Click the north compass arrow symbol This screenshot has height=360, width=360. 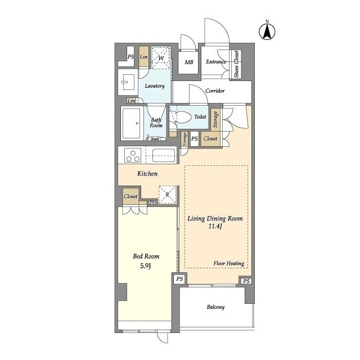(x=267, y=31)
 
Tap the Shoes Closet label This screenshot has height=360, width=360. (x=236, y=64)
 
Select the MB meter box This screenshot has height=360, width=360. (x=188, y=62)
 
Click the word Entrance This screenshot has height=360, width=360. (x=216, y=61)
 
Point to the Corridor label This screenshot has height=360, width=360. (x=215, y=91)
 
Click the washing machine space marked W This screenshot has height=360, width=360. (x=161, y=57)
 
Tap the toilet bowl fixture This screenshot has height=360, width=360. (x=182, y=117)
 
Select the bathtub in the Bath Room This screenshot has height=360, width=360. (x=131, y=123)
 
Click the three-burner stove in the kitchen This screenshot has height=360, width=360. (x=133, y=155)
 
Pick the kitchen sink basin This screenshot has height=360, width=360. (x=164, y=155)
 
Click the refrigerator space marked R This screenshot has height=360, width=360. (x=168, y=195)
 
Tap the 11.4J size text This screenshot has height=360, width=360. (x=215, y=226)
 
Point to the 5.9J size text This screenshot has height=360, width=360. (x=146, y=266)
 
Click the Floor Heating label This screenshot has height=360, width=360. (x=229, y=263)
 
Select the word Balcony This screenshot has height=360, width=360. (x=215, y=307)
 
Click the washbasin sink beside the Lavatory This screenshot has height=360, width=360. (x=128, y=82)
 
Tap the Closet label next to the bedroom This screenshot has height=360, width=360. (x=130, y=196)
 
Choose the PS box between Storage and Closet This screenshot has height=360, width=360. (x=195, y=139)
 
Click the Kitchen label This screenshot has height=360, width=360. (x=147, y=174)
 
